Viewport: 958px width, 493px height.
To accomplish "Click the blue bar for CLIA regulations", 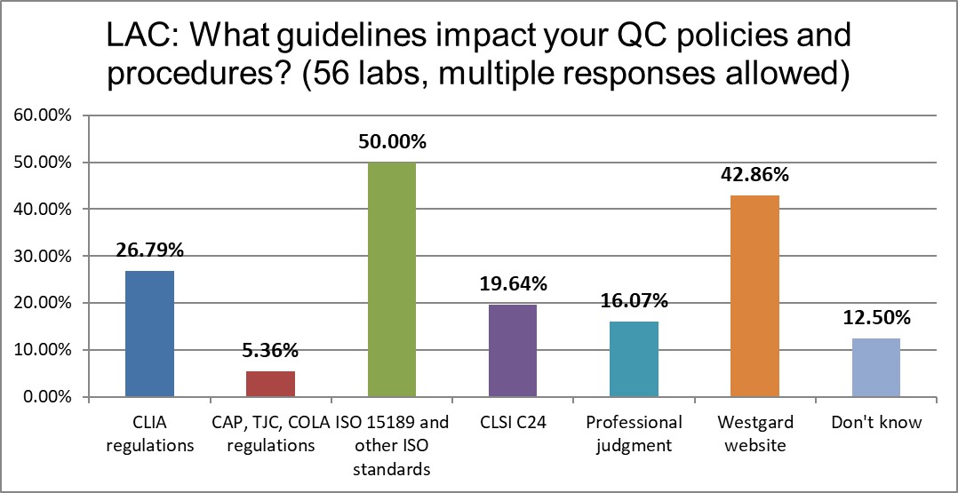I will tap(149, 334).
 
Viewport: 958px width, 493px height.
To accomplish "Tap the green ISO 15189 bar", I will tap(391, 280).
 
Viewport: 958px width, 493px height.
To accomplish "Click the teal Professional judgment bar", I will tap(634, 359).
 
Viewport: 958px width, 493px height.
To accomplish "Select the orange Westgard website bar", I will tap(754, 297).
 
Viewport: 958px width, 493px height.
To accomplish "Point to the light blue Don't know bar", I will tap(875, 368).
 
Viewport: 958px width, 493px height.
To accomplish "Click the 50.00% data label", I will tap(392, 142).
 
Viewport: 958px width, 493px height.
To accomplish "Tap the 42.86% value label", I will tap(754, 175).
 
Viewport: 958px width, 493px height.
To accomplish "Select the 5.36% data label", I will tap(270, 351).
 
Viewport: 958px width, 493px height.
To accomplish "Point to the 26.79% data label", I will tap(149, 250).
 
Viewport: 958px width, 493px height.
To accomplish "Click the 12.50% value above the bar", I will tap(875, 317).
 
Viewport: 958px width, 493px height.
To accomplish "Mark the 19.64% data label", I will tap(513, 284).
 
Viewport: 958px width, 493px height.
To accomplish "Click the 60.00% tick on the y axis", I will tap(43, 115).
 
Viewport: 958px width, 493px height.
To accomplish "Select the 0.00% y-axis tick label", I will tap(46, 397).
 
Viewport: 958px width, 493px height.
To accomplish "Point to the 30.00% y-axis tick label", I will tap(43, 257).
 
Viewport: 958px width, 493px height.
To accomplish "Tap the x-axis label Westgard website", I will tap(754, 433).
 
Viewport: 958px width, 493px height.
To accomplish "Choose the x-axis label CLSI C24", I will tap(513, 423).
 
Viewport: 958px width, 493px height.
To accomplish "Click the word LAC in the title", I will tap(138, 36).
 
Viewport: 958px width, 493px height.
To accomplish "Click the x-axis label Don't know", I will tap(876, 423).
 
